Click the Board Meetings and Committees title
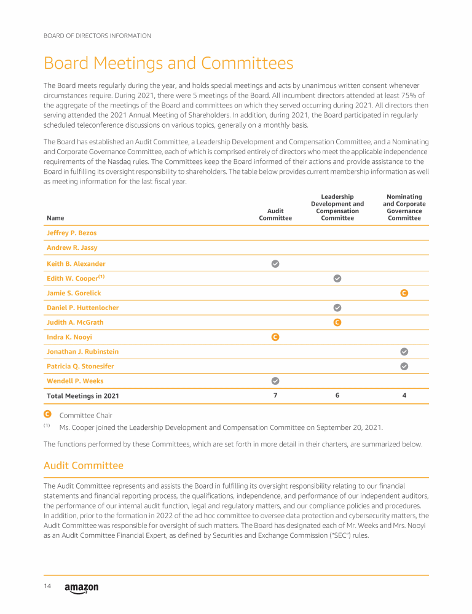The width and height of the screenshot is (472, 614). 168,63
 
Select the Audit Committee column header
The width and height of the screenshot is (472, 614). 275,214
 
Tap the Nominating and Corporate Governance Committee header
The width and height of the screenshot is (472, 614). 404,207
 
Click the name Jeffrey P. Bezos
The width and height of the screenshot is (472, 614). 71,233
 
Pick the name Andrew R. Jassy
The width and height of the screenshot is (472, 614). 72,248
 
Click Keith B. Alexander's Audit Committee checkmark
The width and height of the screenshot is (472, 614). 275,263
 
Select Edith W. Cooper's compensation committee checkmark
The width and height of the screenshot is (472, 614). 337,278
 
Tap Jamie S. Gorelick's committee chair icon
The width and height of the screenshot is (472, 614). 404,293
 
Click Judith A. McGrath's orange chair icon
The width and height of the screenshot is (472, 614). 337,322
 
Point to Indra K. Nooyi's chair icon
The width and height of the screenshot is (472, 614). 275,337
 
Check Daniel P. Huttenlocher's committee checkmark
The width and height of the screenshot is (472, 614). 337,308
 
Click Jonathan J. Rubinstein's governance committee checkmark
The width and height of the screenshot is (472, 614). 404,352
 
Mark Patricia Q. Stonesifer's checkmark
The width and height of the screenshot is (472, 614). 404,367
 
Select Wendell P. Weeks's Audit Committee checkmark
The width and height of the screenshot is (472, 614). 275,381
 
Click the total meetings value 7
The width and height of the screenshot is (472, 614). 275,395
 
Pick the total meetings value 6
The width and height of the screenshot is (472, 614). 337,395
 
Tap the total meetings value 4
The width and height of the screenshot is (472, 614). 404,395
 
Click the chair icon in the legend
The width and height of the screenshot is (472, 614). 47,415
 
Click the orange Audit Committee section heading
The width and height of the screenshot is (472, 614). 83,466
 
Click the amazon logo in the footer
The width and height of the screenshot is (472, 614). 81,588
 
